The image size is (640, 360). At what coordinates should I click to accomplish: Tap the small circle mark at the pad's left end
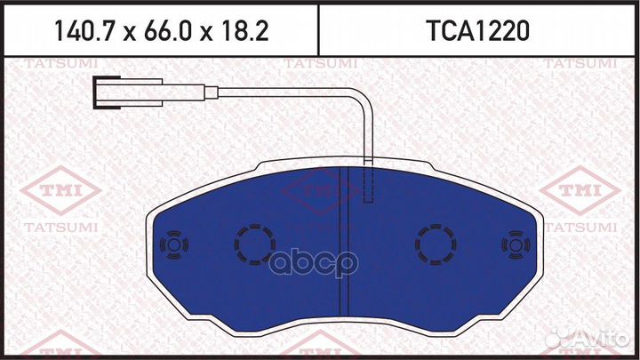click(172, 244)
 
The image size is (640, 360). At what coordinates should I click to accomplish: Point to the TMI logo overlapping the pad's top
click(321, 189)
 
